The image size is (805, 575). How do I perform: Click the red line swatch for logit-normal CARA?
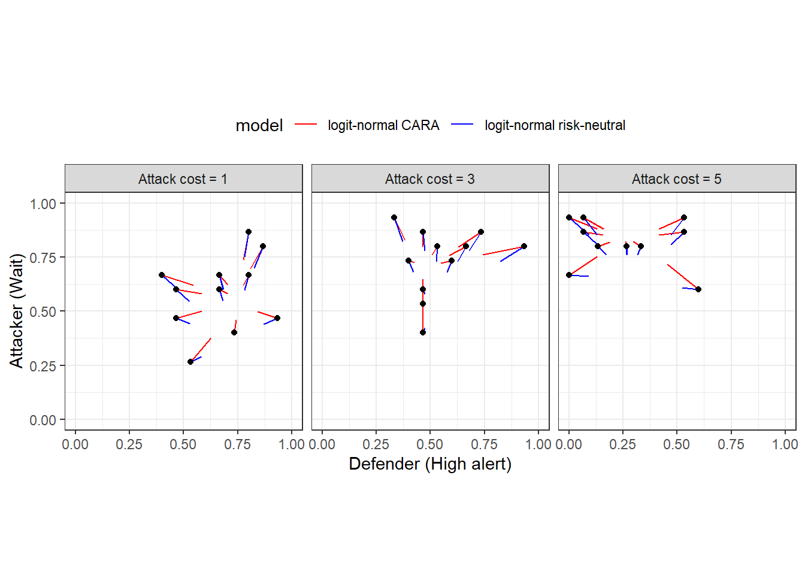pyautogui.click(x=305, y=125)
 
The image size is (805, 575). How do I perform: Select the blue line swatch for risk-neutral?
pyautogui.click(x=462, y=125)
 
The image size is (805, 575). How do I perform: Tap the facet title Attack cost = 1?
pyautogui.click(x=183, y=179)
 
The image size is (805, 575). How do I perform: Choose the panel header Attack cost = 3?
pyautogui.click(x=429, y=179)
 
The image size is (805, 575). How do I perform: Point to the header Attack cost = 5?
pyautogui.click(x=676, y=179)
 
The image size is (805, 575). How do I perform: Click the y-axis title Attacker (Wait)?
pyautogui.click(x=16, y=310)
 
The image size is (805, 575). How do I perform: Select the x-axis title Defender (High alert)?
pyautogui.click(x=429, y=464)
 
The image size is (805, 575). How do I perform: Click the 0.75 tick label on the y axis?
pyautogui.click(x=43, y=258)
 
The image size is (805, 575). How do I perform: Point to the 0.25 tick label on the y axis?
pyautogui.click(x=43, y=366)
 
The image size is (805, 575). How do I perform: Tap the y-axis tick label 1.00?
pyautogui.click(x=43, y=204)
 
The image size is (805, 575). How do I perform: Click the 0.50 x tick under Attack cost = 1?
pyautogui.click(x=183, y=444)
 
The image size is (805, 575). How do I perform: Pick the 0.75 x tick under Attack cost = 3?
pyautogui.click(x=484, y=444)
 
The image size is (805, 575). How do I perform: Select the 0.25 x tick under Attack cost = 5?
pyautogui.click(x=622, y=444)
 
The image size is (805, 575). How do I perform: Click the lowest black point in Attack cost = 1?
pyautogui.click(x=190, y=362)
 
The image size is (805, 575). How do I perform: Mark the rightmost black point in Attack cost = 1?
pyautogui.click(x=277, y=318)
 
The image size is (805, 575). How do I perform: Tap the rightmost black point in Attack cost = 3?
pyautogui.click(x=524, y=246)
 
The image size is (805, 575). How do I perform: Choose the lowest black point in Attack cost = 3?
pyautogui.click(x=423, y=332)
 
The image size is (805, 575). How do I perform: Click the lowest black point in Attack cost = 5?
pyautogui.click(x=698, y=289)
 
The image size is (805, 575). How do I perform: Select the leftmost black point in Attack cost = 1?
pyautogui.click(x=162, y=275)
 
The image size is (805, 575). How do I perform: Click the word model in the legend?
pyautogui.click(x=259, y=125)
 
